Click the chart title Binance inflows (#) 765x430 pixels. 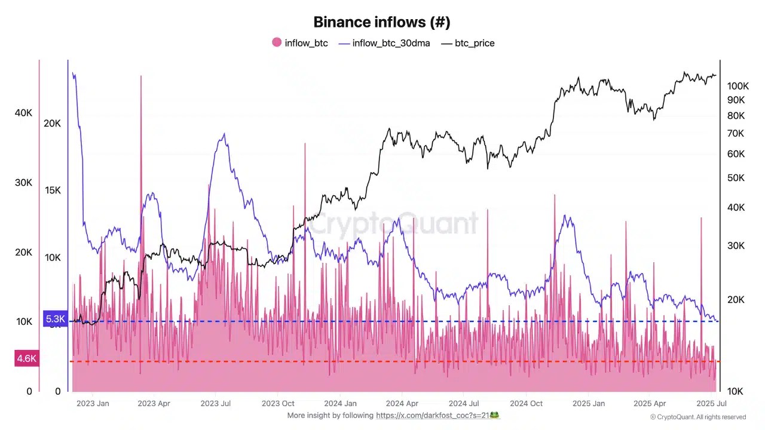point(382,22)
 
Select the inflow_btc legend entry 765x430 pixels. point(306,43)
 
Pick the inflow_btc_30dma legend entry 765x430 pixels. point(391,43)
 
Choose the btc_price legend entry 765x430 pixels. point(475,43)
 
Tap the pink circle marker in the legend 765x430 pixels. point(277,42)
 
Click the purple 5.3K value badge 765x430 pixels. point(55,320)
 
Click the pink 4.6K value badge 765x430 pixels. point(27,358)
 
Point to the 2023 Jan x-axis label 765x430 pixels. point(93,403)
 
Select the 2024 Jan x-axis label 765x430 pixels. point(341,403)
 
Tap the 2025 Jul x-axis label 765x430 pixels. point(711,403)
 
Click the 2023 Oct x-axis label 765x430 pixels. point(279,403)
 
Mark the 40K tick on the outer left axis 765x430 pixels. point(23,113)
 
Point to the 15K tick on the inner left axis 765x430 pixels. point(53,191)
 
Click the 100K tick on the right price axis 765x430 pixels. point(738,86)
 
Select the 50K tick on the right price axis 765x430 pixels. point(735,178)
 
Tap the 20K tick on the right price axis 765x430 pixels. point(735,300)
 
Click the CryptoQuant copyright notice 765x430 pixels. point(698,417)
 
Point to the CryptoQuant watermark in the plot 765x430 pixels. point(394,224)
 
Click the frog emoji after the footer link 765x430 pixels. point(494,415)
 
